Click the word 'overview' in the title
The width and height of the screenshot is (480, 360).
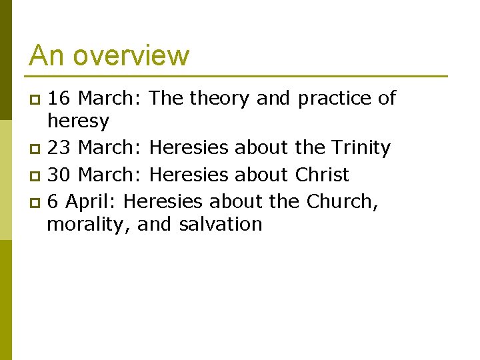[x=131, y=56]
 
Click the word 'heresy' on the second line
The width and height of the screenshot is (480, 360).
[x=77, y=121]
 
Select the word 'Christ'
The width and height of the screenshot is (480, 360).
[x=321, y=175]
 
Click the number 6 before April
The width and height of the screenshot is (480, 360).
[x=53, y=200]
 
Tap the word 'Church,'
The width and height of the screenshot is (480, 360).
[x=342, y=200]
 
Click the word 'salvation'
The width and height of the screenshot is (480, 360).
[x=221, y=224]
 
